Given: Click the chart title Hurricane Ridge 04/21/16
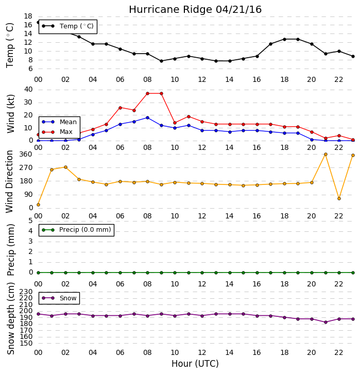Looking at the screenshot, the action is click(x=195, y=10).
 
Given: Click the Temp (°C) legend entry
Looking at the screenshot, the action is click(x=68, y=26).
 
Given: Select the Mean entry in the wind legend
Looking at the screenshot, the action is click(x=59, y=122).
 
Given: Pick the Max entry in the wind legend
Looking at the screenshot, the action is click(x=57, y=132).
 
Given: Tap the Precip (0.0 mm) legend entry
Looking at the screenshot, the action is click(x=76, y=230).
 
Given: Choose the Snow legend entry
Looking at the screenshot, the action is click(x=59, y=298).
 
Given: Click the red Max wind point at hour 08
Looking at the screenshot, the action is click(x=148, y=94).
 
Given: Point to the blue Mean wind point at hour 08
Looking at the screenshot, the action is click(x=148, y=118).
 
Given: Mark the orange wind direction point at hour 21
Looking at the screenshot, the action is click(x=325, y=155).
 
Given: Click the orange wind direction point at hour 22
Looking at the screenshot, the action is click(x=339, y=198).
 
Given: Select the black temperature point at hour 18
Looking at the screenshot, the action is click(x=284, y=39).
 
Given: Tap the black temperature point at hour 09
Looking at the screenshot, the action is click(x=161, y=61).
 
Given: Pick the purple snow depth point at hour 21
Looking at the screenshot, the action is click(x=325, y=322).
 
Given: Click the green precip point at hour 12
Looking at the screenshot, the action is click(x=202, y=273).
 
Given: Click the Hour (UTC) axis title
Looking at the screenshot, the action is click(x=195, y=364).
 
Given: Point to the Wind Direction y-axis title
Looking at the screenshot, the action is click(x=9, y=181).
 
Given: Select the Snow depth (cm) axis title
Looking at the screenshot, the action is click(x=11, y=318).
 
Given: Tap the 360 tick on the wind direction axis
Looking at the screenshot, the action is click(x=26, y=155).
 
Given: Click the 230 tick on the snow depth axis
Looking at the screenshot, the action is click(x=26, y=292).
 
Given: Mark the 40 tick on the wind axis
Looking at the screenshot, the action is click(x=28, y=90).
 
